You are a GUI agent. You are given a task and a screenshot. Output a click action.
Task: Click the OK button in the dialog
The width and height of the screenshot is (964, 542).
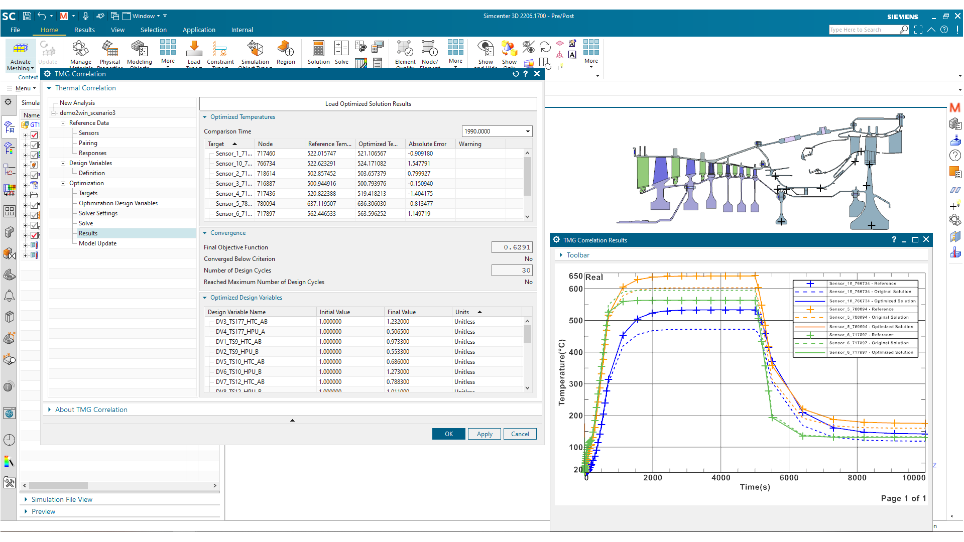[449, 434]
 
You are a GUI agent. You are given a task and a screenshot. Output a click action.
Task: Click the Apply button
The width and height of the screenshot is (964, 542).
[485, 434]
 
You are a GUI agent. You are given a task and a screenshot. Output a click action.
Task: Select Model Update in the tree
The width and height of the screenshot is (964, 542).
[97, 243]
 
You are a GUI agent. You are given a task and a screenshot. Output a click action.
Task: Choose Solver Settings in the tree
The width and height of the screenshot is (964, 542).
[98, 213]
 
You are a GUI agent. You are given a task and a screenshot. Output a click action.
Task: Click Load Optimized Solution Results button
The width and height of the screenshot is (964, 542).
[368, 104]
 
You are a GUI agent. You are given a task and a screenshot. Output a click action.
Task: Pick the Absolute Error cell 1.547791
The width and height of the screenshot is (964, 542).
[419, 164]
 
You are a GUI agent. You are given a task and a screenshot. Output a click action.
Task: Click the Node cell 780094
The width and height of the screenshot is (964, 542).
[266, 204]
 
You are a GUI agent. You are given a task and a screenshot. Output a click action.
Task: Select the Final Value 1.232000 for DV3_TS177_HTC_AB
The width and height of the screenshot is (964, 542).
[398, 322]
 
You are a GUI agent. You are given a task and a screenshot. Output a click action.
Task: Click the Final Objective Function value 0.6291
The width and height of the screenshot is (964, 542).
[512, 247]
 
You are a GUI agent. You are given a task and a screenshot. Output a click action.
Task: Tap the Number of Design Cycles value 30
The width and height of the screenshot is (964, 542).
[512, 270]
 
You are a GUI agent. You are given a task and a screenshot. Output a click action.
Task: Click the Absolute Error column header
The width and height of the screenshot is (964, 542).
[427, 144]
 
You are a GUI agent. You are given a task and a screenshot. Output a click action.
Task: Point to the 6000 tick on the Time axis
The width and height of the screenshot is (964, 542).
[789, 478]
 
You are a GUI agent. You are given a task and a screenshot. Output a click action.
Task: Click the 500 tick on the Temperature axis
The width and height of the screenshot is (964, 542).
[575, 321]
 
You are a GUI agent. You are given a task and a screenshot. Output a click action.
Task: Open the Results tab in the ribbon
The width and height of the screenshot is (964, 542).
[84, 30]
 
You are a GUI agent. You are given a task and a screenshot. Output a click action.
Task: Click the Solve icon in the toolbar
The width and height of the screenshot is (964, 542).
[341, 53]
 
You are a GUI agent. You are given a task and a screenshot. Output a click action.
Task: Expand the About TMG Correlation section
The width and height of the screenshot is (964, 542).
[91, 410]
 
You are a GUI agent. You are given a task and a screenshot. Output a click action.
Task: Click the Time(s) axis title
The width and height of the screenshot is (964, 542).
[755, 487]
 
